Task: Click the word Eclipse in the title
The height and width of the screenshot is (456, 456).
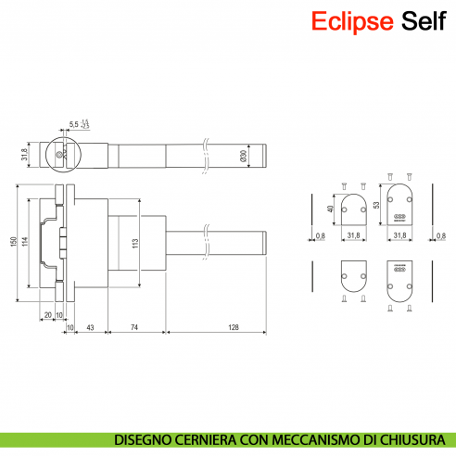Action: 352,20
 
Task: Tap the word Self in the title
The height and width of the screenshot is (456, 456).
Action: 423,20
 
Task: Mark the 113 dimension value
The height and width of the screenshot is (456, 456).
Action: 135,245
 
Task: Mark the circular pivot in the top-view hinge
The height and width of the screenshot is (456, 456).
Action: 61,155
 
